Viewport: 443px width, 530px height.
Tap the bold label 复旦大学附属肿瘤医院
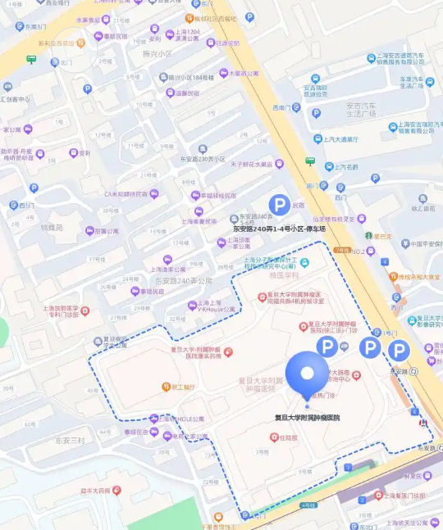(x=307, y=417)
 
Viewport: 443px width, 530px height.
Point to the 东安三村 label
(x=70, y=440)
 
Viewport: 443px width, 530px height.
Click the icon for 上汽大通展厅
(x=316, y=139)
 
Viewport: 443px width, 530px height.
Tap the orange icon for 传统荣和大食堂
(x=391, y=277)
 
